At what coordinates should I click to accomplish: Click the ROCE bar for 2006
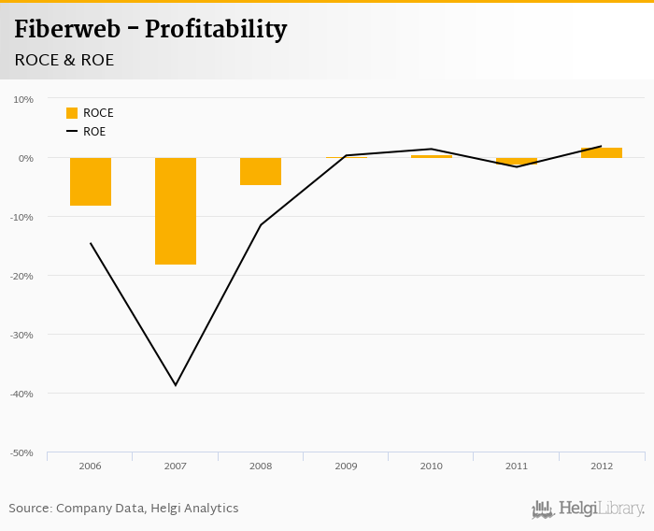[91, 181]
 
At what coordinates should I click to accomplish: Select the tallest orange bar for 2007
[176, 211]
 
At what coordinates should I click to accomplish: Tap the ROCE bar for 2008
[261, 171]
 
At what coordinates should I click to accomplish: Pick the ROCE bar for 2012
[601, 152]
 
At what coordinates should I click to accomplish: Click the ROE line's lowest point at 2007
[176, 385]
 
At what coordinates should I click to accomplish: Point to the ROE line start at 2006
[91, 243]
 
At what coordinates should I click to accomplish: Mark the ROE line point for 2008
[261, 224]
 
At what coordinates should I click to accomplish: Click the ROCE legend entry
[90, 113]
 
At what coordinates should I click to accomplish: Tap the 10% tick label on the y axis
[23, 99]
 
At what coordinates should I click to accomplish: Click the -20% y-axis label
[21, 276]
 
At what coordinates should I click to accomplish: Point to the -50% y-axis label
[21, 452]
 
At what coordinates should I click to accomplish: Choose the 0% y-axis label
[26, 158]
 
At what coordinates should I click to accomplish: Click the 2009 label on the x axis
[346, 466]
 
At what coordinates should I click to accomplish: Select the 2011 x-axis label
[516, 466]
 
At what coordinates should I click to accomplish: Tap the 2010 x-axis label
[431, 466]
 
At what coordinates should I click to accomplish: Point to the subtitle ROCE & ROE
[63, 60]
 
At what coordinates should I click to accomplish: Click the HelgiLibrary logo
[588, 509]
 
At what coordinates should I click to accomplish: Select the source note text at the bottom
[123, 509]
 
